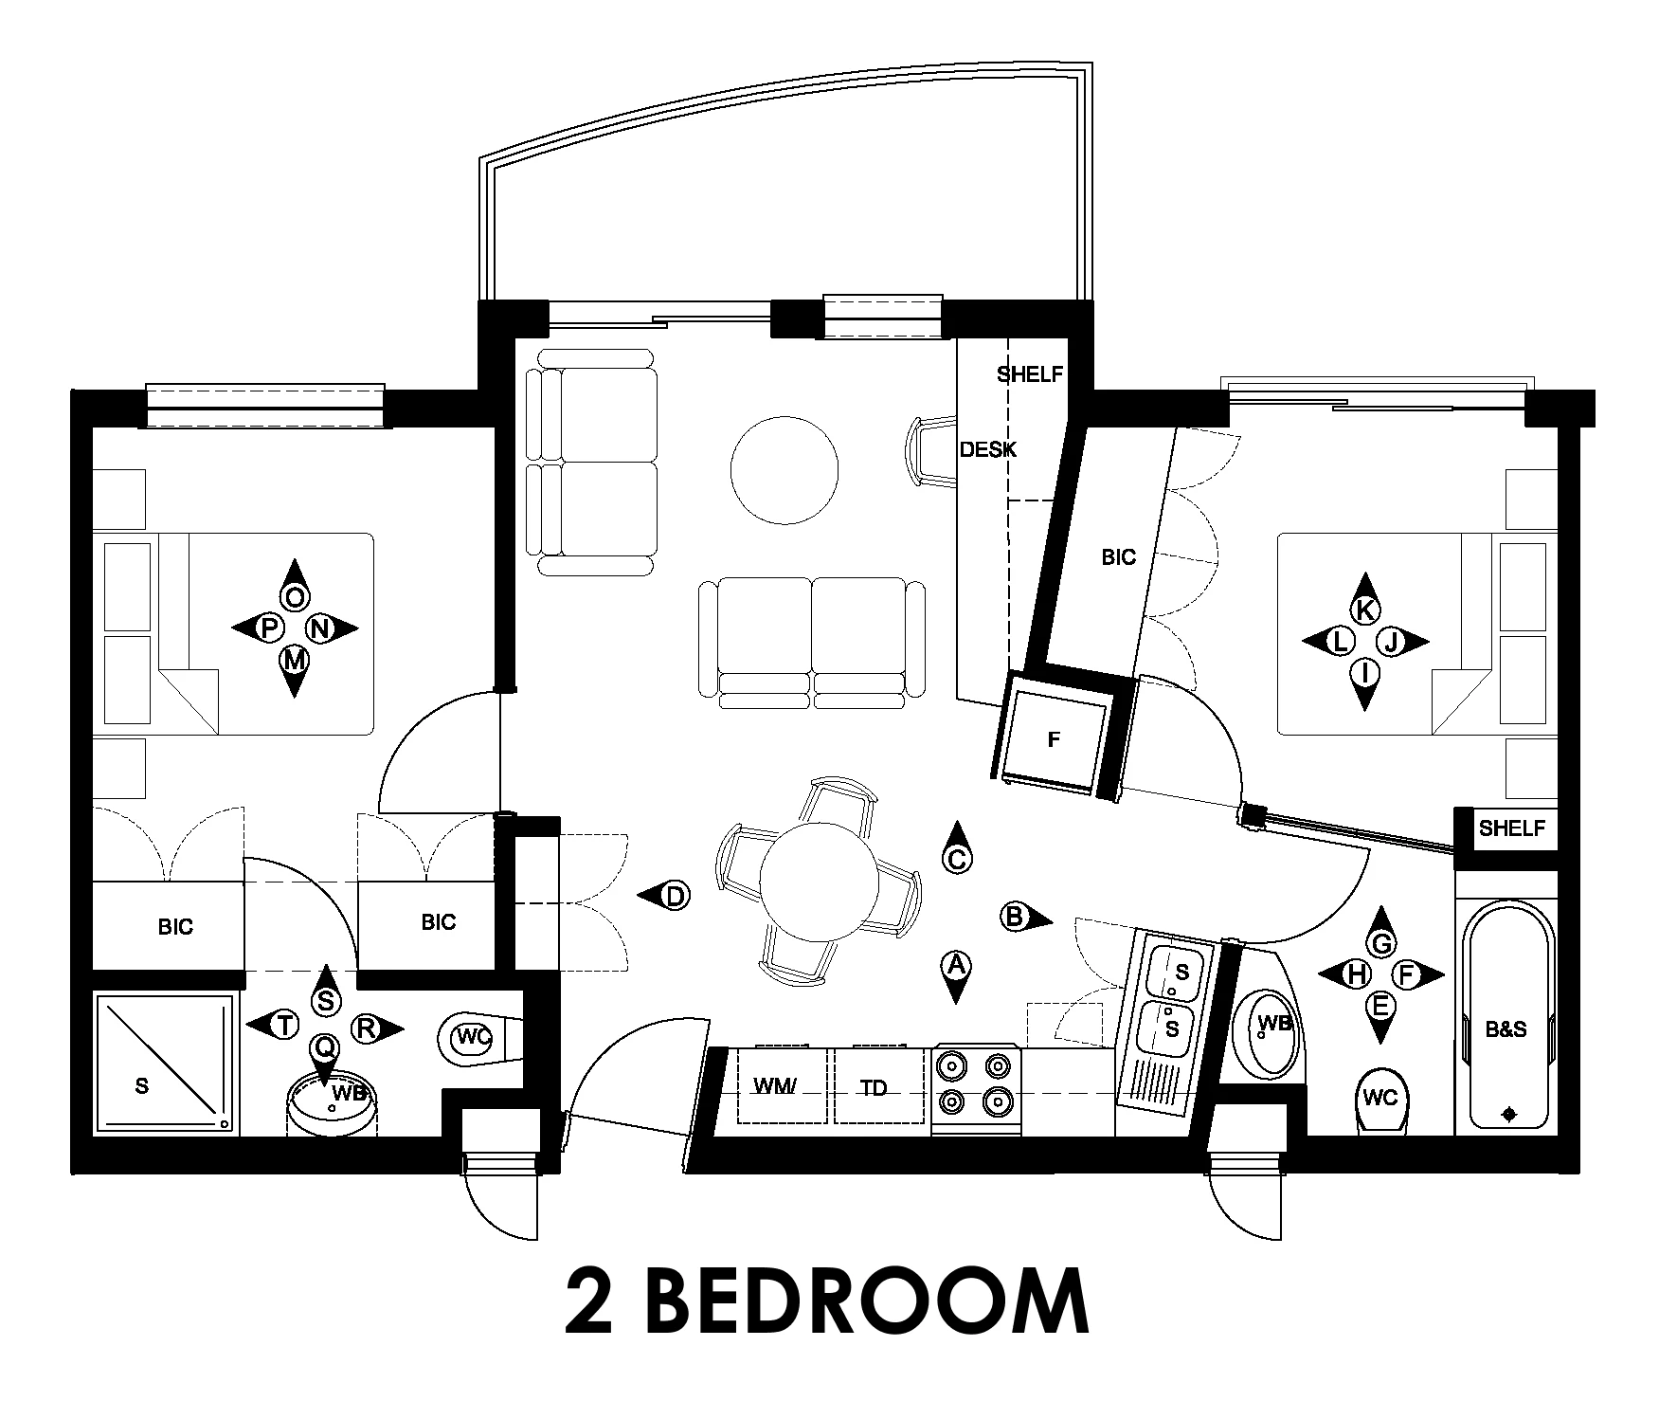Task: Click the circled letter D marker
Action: [x=674, y=896]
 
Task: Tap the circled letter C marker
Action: [x=956, y=859]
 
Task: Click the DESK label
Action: [x=988, y=449]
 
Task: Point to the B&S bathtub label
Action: [x=1506, y=1028]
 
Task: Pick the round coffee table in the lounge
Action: [x=784, y=469]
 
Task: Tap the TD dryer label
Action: [x=875, y=1088]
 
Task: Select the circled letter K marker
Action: [x=1364, y=610]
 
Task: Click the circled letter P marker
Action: [x=269, y=627]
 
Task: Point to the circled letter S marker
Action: [x=326, y=1000]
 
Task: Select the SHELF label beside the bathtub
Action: [x=1511, y=828]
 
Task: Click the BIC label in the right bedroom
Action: [x=1118, y=557]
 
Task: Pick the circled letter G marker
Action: [x=1381, y=942]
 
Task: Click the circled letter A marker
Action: [x=956, y=966]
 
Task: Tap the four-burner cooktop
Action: [x=976, y=1090]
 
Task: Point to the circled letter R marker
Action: [x=368, y=1028]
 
